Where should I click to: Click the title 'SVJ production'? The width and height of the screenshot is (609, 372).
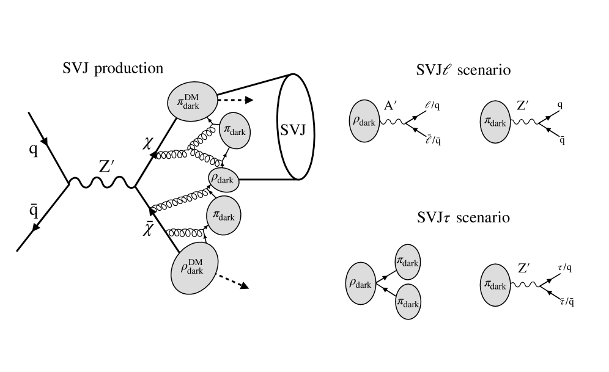coord(113,68)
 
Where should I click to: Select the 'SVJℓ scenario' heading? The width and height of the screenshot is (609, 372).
coord(463,70)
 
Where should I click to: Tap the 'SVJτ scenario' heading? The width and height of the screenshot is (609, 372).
coord(463,217)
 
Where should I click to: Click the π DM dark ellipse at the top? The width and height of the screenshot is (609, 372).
coord(192,101)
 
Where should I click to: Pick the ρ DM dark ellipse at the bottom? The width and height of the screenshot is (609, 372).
coord(194,268)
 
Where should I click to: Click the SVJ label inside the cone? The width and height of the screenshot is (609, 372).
coord(293,129)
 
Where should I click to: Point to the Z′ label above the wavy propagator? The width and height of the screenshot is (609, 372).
coord(106,166)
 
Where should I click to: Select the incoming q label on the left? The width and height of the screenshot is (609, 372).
coord(34,149)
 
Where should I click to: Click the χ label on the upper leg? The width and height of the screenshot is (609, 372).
coord(147,145)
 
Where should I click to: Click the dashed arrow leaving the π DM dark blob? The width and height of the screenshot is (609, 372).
coord(235,100)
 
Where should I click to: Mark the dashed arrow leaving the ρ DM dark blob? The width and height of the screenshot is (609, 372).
coord(232,281)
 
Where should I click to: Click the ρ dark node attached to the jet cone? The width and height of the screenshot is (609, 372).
coord(223,180)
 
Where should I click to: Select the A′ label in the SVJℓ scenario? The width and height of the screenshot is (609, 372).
coord(390,105)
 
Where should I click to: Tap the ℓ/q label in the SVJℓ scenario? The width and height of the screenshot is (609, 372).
coord(432,105)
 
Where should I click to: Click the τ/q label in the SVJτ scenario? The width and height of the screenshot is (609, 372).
coord(565,268)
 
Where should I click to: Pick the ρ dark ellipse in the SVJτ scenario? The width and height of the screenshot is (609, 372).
coord(361,283)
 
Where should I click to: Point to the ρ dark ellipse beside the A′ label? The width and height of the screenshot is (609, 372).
coord(364,121)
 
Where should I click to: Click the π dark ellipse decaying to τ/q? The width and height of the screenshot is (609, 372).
coord(495,285)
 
